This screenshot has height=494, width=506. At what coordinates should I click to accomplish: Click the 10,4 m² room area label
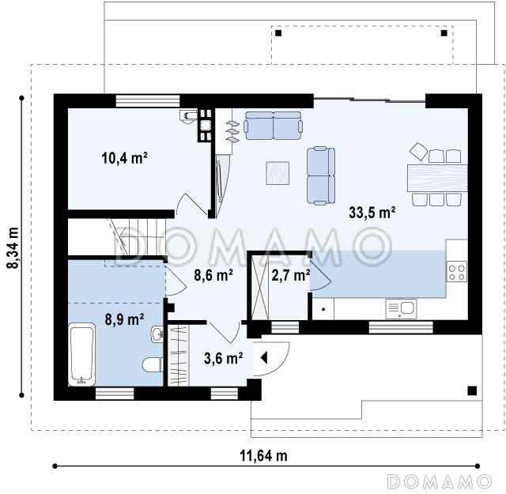[125, 158]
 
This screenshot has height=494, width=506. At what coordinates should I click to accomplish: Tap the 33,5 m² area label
[372, 213]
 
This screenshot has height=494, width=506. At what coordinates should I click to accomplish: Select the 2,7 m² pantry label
[291, 275]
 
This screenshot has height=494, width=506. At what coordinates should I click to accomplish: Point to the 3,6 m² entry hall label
[223, 358]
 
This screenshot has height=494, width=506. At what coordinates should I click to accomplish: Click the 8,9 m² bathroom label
[124, 319]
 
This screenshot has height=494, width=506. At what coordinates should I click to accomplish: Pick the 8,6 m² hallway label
[213, 275]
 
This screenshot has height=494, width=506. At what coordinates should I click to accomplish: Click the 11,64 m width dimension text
[263, 456]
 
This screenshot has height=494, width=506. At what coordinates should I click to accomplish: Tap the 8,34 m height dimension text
[13, 248]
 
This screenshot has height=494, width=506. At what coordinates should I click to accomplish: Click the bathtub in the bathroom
[81, 354]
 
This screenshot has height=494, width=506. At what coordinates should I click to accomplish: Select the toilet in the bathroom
[153, 364]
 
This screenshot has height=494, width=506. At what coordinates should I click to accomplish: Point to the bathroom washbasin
[157, 334]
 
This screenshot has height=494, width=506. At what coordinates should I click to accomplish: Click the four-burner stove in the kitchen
[457, 272]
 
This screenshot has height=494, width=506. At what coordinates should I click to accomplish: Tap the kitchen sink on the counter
[401, 309]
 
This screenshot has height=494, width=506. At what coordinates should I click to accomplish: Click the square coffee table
[278, 173]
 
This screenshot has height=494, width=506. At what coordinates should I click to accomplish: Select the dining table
[437, 178]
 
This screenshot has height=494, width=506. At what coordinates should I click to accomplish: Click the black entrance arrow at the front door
[264, 358]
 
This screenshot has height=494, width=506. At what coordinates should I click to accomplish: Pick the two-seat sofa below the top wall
[273, 126]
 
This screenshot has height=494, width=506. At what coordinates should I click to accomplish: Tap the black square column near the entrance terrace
[472, 390]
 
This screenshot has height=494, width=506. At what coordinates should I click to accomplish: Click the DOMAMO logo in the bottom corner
[440, 482]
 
